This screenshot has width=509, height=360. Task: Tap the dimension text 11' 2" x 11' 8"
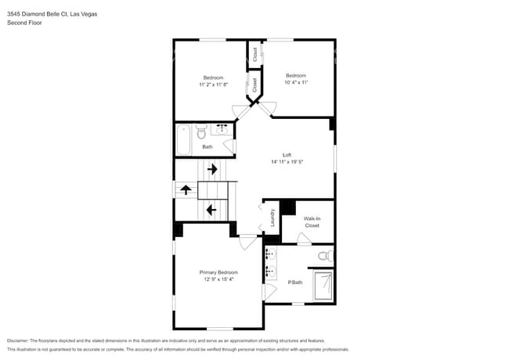pyautogui.click(x=213, y=85)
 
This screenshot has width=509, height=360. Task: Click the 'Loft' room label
pyautogui.click(x=287, y=155)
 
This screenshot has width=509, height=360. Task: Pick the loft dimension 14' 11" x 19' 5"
pyautogui.click(x=287, y=162)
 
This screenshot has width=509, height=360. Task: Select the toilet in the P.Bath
pyautogui.click(x=323, y=256)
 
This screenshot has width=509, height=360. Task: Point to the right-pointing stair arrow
pyautogui.click(x=211, y=169)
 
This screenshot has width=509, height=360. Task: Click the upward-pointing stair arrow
pyautogui.click(x=186, y=189)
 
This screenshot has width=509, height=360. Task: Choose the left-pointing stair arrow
pyautogui.click(x=211, y=210)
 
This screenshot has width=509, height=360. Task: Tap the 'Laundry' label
pyautogui.click(x=273, y=218)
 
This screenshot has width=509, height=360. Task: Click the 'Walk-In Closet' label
pyautogui.click(x=312, y=222)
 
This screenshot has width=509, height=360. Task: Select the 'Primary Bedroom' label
pyautogui.click(x=218, y=272)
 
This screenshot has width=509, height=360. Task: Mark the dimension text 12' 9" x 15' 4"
pyautogui.click(x=218, y=279)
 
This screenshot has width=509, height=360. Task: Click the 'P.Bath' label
pyautogui.click(x=295, y=282)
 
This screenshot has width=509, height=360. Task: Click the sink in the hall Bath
pyautogui.click(x=222, y=128)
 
